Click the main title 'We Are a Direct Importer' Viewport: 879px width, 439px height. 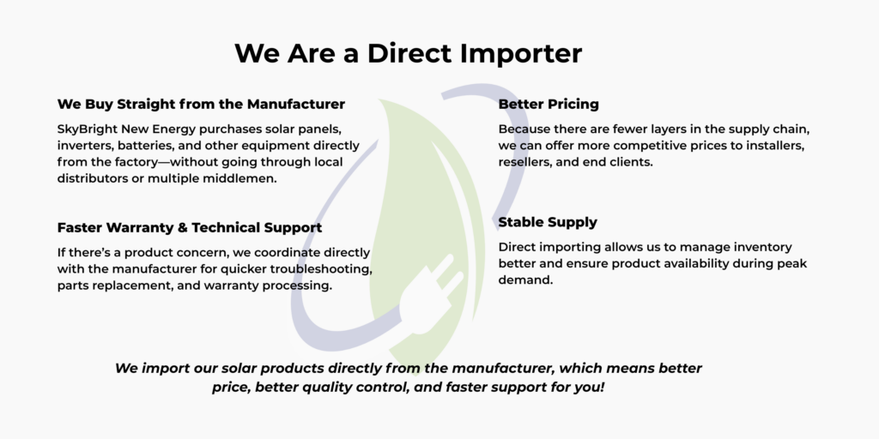(x=408, y=54)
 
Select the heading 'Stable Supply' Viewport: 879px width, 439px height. (x=548, y=222)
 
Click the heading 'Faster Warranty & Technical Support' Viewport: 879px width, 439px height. (x=190, y=228)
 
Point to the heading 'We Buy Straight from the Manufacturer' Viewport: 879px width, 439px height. (x=201, y=104)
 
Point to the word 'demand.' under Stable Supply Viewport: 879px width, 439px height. (x=525, y=280)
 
